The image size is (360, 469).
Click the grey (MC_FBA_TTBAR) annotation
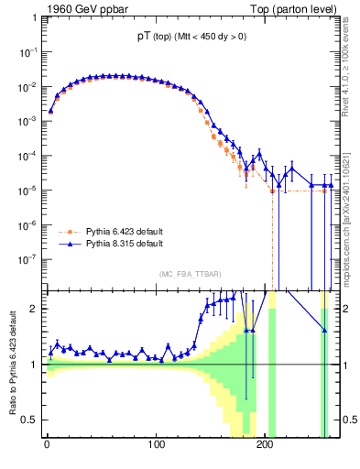(190, 275)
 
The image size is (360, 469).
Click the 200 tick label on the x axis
(264, 449)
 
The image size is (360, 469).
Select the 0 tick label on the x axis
(47, 449)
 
